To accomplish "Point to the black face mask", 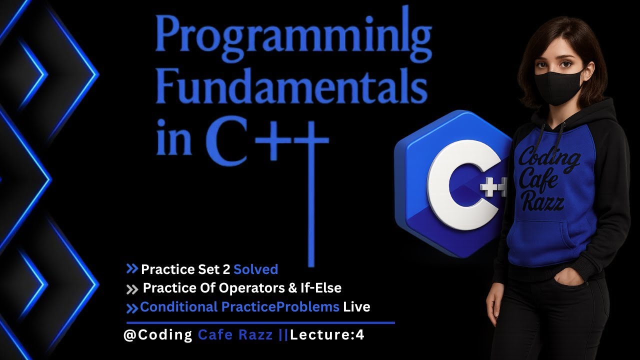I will coord(558,85).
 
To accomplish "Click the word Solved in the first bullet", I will coord(255,269).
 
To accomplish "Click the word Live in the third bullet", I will coord(356,306).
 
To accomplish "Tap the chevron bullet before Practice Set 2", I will coord(132,269).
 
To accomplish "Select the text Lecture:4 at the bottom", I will coord(327,335).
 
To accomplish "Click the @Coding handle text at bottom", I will coord(158,335).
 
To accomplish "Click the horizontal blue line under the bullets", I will coord(260,323).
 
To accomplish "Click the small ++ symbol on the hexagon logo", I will coord(492,188).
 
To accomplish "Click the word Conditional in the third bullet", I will coord(178,306).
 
